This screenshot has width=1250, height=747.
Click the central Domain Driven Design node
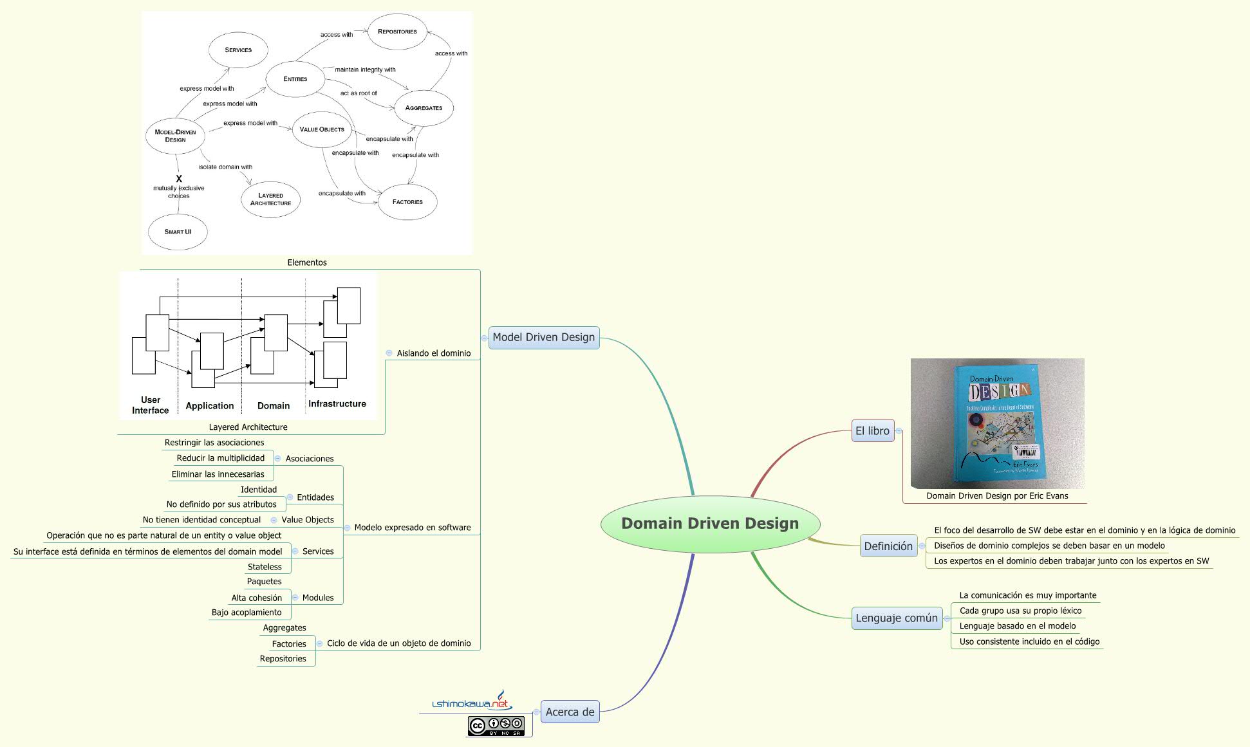click(710, 523)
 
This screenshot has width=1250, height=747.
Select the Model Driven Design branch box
click(544, 337)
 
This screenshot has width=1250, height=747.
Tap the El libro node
click(872, 431)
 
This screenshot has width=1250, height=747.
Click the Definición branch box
click(888, 546)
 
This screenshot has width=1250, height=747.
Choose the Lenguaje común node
click(897, 618)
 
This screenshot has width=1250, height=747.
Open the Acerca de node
click(570, 712)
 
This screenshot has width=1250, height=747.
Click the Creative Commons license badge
click(496, 726)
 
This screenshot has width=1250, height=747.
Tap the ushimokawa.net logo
click(471, 703)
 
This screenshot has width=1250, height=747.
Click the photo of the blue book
click(997, 423)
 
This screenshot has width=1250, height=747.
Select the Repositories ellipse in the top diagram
click(397, 32)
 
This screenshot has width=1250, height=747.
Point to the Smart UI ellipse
click(178, 232)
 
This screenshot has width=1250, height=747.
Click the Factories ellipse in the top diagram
click(407, 202)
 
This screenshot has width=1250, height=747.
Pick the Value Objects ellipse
click(322, 129)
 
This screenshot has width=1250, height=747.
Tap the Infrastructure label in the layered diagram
click(337, 404)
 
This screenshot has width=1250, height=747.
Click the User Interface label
click(151, 405)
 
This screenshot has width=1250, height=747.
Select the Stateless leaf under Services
click(265, 567)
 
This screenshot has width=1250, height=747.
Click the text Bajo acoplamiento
click(247, 613)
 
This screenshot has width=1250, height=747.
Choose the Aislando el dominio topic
click(433, 353)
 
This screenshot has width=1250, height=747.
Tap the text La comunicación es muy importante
click(1027, 595)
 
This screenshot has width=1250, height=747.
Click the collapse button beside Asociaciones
click(278, 459)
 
